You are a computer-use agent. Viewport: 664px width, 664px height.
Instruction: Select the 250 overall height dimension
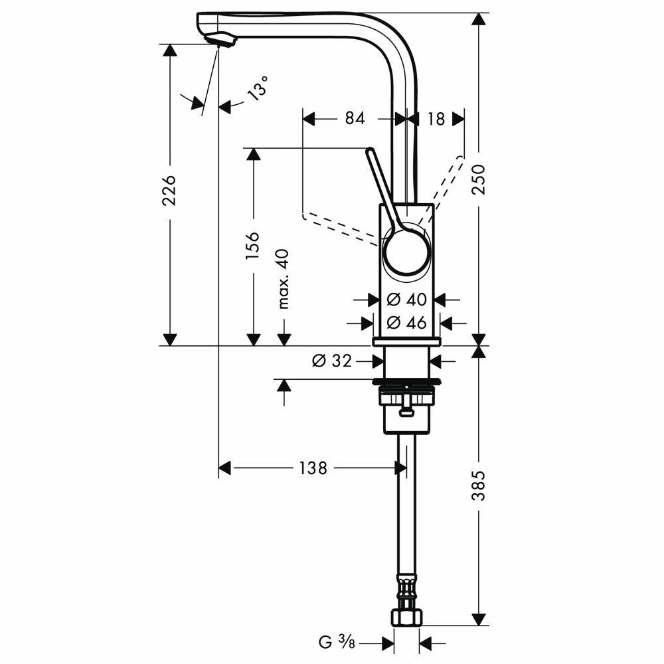point(479,179)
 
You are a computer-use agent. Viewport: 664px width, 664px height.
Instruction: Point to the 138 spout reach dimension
point(313,468)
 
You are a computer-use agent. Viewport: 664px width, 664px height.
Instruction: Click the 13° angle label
point(259,88)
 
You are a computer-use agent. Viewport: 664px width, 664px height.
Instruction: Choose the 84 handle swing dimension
point(355,118)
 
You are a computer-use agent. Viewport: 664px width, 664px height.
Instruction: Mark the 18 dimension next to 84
point(436,118)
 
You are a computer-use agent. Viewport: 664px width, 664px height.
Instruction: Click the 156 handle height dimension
point(253,246)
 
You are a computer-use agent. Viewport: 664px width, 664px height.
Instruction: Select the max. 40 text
point(284,279)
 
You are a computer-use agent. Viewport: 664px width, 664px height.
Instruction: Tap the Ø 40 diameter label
point(406,299)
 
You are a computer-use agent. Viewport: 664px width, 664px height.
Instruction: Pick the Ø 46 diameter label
point(406,323)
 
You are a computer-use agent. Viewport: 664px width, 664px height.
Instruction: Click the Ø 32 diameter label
point(332,361)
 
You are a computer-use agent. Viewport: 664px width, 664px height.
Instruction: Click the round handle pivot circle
point(406,252)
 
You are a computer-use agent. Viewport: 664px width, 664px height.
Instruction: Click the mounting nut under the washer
point(406,398)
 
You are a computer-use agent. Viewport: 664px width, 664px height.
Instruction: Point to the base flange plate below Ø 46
point(406,341)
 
